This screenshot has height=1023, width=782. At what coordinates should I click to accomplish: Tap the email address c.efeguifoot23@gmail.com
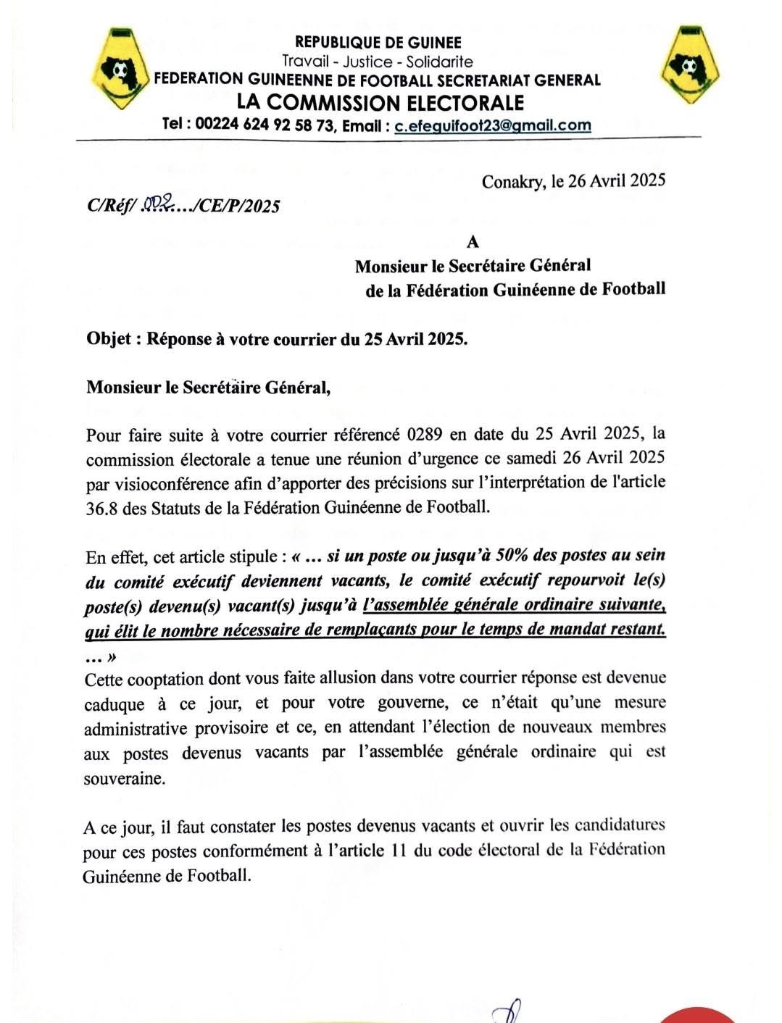493,125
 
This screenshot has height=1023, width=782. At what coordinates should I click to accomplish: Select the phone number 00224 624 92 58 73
265,125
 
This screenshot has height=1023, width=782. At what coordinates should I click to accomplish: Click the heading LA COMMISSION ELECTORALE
380,102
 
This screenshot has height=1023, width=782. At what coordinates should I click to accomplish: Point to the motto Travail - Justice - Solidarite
377,62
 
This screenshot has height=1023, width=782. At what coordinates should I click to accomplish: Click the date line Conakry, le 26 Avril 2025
573,180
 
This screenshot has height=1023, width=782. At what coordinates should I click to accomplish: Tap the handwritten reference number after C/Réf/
155,205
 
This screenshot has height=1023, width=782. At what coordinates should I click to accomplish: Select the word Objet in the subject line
109,339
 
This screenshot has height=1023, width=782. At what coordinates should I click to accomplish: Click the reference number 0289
425,435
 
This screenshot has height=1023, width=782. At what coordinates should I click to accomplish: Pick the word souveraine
124,780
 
